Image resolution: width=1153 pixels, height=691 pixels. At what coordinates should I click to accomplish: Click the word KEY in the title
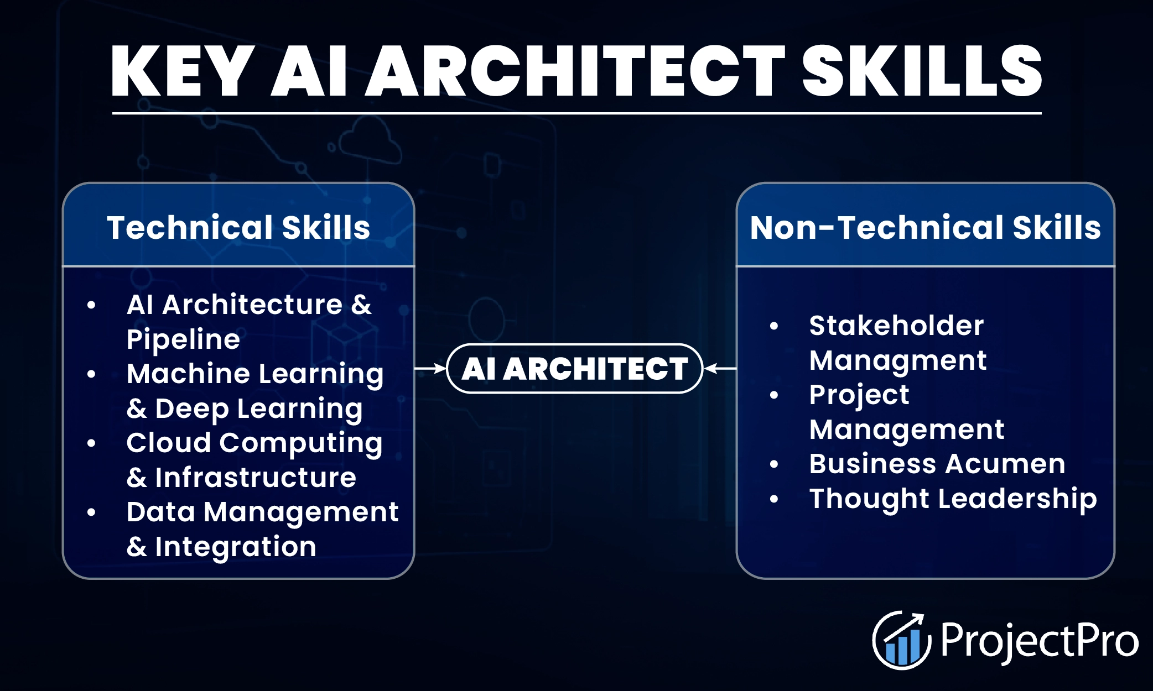pyautogui.click(x=183, y=72)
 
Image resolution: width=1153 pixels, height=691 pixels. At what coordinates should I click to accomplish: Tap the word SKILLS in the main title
pyautogui.click(x=921, y=72)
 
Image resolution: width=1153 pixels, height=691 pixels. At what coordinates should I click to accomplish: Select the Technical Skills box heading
pyautogui.click(x=238, y=227)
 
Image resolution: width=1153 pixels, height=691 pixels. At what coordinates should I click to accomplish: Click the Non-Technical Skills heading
pyautogui.click(x=925, y=227)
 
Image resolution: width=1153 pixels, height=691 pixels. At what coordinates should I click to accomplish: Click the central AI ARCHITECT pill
pyautogui.click(x=574, y=369)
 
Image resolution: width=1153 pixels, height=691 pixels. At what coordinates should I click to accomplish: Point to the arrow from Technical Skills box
pyautogui.click(x=430, y=368)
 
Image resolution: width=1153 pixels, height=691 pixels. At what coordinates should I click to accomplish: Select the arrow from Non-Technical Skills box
pyautogui.click(x=720, y=368)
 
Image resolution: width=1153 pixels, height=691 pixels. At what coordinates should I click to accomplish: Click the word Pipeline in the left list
pyautogui.click(x=183, y=339)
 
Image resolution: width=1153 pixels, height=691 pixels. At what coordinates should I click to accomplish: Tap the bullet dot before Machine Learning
pyautogui.click(x=91, y=374)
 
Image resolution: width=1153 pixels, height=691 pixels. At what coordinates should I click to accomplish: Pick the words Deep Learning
pyautogui.click(x=258, y=409)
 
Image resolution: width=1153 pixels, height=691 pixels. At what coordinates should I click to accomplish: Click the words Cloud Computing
pyautogui.click(x=254, y=443)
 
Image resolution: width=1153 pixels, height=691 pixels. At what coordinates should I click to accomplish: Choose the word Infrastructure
pyautogui.click(x=256, y=478)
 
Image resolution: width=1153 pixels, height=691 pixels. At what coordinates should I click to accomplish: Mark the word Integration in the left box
pyautogui.click(x=236, y=547)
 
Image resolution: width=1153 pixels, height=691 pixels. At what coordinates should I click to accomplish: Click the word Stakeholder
pyautogui.click(x=896, y=325)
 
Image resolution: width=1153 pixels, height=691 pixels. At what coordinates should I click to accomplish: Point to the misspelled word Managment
pyautogui.click(x=897, y=360)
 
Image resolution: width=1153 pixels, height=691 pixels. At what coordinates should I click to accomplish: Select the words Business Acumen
pyautogui.click(x=937, y=464)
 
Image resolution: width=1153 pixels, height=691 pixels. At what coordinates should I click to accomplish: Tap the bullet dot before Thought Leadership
pyautogui.click(x=774, y=499)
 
